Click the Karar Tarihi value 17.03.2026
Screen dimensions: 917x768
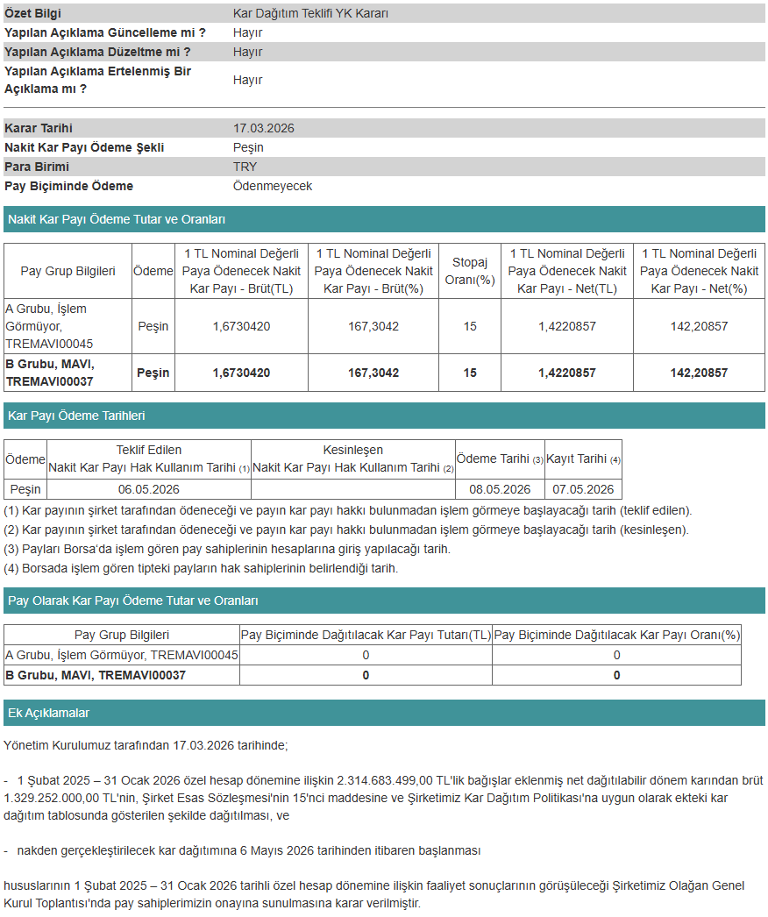point(263,128)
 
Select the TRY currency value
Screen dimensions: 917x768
point(245,167)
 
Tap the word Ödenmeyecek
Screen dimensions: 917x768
point(272,186)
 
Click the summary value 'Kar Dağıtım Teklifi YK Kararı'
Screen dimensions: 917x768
point(310,14)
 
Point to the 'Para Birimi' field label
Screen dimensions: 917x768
point(37,167)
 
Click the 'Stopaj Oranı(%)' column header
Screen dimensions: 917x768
point(470,271)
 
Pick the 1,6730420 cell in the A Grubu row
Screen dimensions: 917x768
point(241,326)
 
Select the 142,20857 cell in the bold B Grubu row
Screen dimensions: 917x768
point(698,373)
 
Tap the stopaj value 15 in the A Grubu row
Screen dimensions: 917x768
point(470,326)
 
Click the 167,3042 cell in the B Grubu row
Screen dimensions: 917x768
point(373,373)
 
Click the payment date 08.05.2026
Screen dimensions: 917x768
point(500,489)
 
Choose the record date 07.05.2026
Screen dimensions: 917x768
point(583,489)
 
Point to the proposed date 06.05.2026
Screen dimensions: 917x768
point(149,489)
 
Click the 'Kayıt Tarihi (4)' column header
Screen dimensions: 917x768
point(583,459)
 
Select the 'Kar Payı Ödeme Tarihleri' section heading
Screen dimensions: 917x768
point(76,416)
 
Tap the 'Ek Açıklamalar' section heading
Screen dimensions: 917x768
point(48,713)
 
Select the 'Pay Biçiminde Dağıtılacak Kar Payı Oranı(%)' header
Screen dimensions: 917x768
point(616,635)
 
